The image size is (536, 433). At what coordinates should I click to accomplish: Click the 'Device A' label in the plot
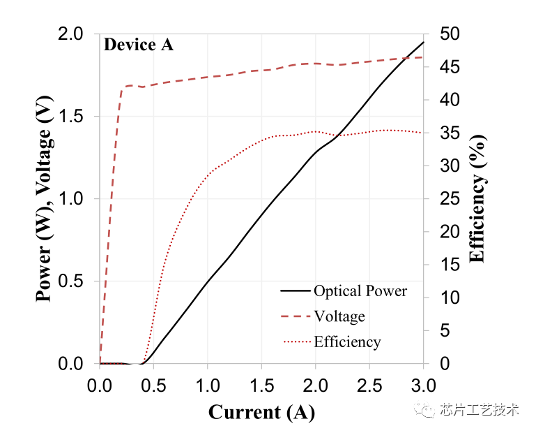pyautogui.click(x=139, y=45)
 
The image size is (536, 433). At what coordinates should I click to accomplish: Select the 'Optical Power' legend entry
pyautogui.click(x=344, y=291)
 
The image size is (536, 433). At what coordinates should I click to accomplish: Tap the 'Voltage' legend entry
pyautogui.click(x=323, y=316)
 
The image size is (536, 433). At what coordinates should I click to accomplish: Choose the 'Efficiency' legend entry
pyautogui.click(x=331, y=342)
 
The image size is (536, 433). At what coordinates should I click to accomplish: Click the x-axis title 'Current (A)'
pyautogui.click(x=261, y=412)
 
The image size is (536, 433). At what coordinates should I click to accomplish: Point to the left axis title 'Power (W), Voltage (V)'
pyautogui.click(x=45, y=198)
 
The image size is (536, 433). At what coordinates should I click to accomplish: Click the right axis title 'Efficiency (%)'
pyautogui.click(x=477, y=198)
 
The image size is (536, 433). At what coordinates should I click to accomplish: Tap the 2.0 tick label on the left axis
pyautogui.click(x=70, y=34)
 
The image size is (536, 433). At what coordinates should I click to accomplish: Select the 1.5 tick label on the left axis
pyautogui.click(x=70, y=117)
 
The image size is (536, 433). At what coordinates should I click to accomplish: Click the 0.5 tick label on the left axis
pyautogui.click(x=70, y=281)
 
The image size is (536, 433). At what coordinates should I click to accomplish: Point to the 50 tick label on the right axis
pyautogui.click(x=450, y=34)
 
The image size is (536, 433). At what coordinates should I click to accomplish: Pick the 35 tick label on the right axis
pyautogui.click(x=450, y=133)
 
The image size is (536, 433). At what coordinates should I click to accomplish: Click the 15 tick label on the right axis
pyautogui.click(x=450, y=265)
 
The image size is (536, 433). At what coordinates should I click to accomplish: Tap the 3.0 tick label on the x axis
pyautogui.click(x=424, y=386)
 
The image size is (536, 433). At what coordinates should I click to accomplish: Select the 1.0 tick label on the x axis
pyautogui.click(x=208, y=386)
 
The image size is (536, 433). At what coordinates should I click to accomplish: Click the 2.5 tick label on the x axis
pyautogui.click(x=369, y=386)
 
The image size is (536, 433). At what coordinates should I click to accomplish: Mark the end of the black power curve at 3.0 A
pyautogui.click(x=424, y=42)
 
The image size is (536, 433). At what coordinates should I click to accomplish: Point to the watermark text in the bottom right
pyautogui.click(x=466, y=409)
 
